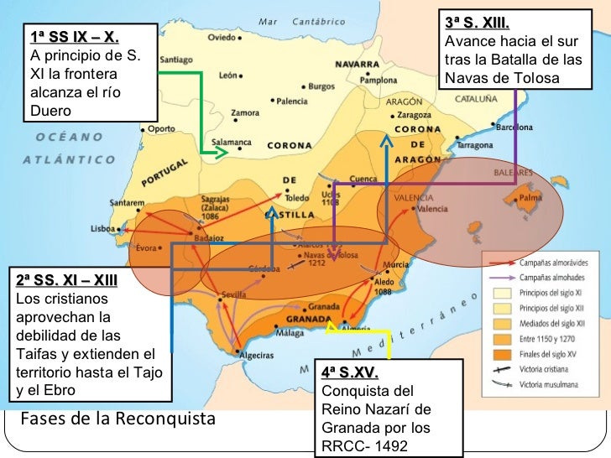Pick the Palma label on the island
coord(530,198)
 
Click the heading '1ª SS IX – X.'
coord(74,37)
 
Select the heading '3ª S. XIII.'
coord(476,23)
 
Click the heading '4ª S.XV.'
coord(351,373)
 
